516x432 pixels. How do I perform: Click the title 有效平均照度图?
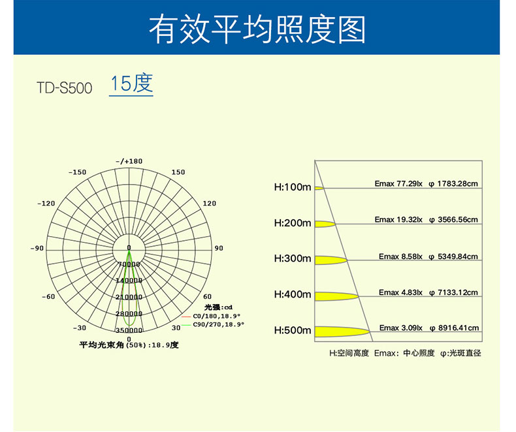coord(257,29)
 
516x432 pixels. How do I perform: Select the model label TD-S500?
coord(65,87)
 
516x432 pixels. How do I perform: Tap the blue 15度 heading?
coord(131,84)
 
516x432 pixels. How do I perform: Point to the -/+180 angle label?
coord(129,161)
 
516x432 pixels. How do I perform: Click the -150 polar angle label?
coord(77,172)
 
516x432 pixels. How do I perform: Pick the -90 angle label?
coord(37,248)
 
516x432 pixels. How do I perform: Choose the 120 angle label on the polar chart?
coord(209,204)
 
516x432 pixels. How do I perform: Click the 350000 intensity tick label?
coord(129,330)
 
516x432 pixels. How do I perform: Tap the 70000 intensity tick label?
coord(129,264)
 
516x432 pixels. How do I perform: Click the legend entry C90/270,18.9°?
coord(218,324)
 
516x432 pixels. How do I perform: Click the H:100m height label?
coord(293,187)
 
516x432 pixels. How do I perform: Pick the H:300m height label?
coord(293,258)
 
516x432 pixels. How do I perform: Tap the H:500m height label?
coord(293,330)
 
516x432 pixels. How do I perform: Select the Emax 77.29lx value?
coord(398,184)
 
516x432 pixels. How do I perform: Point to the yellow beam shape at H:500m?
coord(340,332)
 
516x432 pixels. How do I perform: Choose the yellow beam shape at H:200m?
coord(325,224)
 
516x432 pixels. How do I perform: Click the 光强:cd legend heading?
coord(218,307)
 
